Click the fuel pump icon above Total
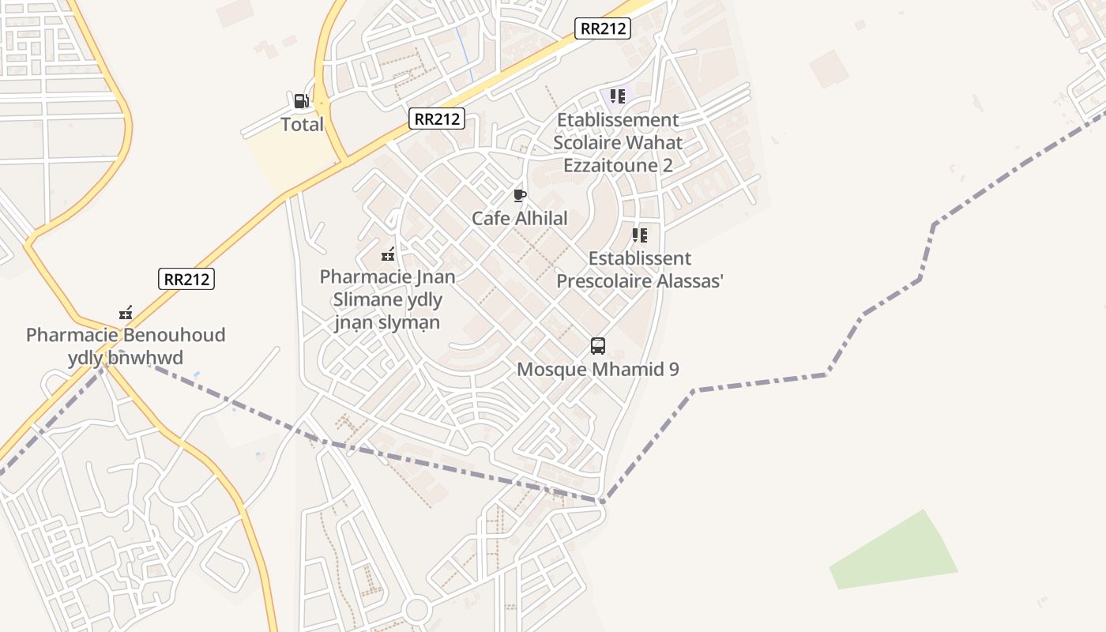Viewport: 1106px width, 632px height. pos(301,101)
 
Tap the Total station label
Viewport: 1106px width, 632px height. pos(302,124)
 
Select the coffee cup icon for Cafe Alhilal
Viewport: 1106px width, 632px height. pos(519,195)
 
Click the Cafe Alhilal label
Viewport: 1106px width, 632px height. pos(519,218)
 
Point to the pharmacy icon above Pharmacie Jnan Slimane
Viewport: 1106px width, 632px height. pos(388,254)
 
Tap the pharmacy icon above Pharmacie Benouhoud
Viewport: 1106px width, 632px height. pos(125,313)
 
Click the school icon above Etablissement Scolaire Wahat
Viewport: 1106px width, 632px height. pos(617,96)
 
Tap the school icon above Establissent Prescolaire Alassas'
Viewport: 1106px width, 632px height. pos(639,235)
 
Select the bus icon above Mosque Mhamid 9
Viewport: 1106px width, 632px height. pos(598,346)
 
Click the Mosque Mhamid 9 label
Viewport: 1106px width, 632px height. pos(597,369)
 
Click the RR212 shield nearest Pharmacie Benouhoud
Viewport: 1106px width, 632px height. pos(186,278)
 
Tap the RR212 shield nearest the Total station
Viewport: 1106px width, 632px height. pos(437,119)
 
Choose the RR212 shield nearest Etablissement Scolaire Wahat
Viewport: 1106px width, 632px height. pos(603,29)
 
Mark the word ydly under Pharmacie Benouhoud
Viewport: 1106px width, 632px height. pos(85,358)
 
